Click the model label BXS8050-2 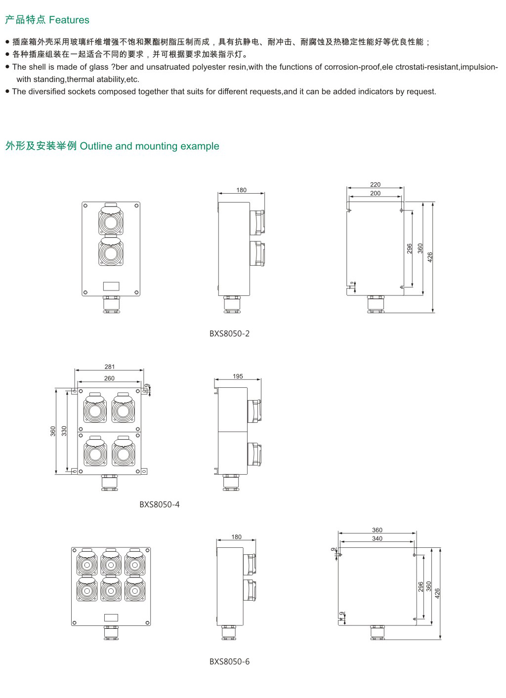coord(229,333)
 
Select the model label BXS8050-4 coord(159,504)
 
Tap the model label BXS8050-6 coord(229,661)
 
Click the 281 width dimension coord(109,367)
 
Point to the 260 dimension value coord(109,378)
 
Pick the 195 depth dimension coord(238,376)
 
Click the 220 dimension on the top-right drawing coord(376,185)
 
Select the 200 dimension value coord(376,193)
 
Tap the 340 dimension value coord(377,538)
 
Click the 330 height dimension coord(64,431)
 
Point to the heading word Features coord(69,20)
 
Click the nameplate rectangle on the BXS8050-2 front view coord(111,286)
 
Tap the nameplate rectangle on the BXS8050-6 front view coord(111,616)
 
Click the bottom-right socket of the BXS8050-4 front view coord(123,452)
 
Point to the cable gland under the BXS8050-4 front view coord(109,482)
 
